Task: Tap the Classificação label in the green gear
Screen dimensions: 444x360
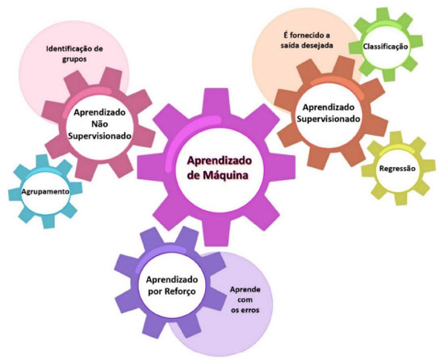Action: (385, 47)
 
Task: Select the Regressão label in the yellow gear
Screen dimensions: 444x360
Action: (397, 169)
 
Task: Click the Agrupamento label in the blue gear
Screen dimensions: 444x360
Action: (45, 191)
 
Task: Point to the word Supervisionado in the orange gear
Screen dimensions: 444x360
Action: (329, 119)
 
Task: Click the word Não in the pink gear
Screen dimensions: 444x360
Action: (99, 124)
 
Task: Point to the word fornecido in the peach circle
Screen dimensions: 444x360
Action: (304, 36)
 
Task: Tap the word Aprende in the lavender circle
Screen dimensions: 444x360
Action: (245, 290)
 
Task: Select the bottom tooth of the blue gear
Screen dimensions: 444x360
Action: (48, 221)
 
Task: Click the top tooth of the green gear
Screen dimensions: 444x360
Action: (383, 14)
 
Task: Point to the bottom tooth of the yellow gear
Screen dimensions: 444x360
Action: (400, 199)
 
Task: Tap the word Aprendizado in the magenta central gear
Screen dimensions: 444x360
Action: (220, 161)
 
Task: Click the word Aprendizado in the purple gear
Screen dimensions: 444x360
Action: (172, 280)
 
